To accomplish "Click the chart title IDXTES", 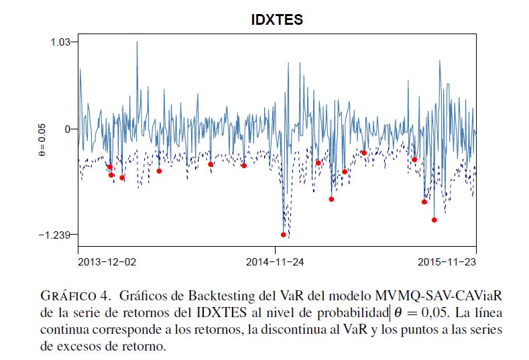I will [x=277, y=20].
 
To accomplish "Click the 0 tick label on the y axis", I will [x=66, y=129].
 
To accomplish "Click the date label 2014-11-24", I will [x=275, y=261].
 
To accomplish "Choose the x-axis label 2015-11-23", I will [x=446, y=261].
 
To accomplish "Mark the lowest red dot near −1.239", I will [x=284, y=235].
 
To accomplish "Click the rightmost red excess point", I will [x=434, y=220].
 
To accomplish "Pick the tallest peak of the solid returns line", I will [x=137, y=42].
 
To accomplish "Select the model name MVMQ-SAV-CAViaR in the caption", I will [x=438, y=296].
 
